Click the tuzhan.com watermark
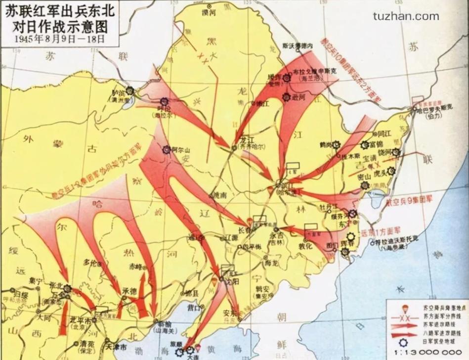(x=406, y=16)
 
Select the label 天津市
(x=117, y=348)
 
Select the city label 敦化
(x=306, y=245)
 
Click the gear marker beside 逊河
(x=286, y=97)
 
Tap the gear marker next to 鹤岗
(x=337, y=145)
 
